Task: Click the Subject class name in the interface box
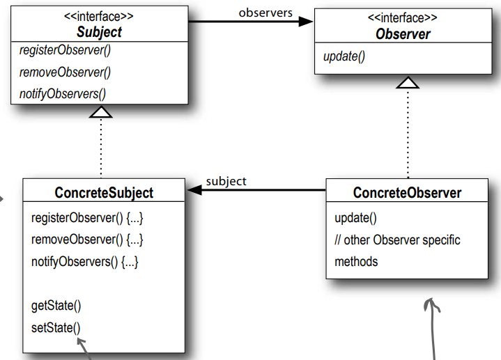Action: click(99, 31)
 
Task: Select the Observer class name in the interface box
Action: click(403, 33)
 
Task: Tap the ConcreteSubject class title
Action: click(104, 192)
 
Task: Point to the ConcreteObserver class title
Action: click(407, 193)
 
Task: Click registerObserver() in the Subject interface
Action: click(65, 51)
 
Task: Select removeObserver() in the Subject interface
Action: click(65, 72)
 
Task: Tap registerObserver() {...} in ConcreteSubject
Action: click(87, 218)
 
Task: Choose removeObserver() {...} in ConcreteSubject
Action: click(87, 240)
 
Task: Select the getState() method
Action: click(56, 305)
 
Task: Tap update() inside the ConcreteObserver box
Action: click(355, 218)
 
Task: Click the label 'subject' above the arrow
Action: click(226, 181)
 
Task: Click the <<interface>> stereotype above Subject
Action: click(99, 16)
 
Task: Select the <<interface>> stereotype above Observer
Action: click(403, 17)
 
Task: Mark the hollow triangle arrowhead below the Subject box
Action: click(102, 111)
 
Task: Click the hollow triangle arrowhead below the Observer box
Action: click(408, 83)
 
